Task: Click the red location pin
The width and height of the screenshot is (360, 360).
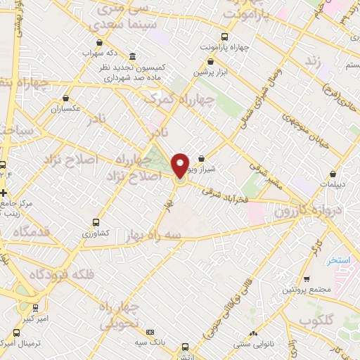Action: click(x=181, y=165)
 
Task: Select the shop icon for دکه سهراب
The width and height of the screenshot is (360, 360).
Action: click(x=98, y=41)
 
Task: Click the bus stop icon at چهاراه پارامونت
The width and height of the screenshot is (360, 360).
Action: click(x=224, y=37)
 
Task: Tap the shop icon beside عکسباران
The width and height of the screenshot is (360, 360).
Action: click(x=65, y=99)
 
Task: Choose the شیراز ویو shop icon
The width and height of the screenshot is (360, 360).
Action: click(x=202, y=158)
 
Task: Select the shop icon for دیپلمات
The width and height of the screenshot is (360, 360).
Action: click(x=332, y=174)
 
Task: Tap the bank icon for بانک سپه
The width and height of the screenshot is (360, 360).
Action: click(x=150, y=332)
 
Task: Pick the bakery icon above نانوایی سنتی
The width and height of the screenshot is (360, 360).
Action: click(x=253, y=333)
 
